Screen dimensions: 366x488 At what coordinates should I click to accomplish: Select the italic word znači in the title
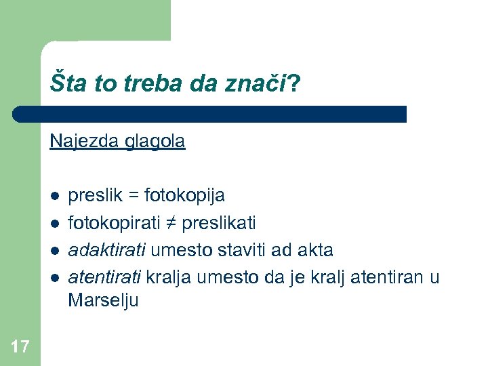(x=260, y=83)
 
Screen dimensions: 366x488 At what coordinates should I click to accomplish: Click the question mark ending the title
(x=295, y=83)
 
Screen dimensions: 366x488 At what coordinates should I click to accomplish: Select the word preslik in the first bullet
(x=93, y=196)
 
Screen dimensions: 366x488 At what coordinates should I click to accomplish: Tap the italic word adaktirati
(x=106, y=250)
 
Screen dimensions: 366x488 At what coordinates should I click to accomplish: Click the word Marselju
(x=102, y=301)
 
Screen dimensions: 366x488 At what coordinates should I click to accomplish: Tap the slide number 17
(x=20, y=348)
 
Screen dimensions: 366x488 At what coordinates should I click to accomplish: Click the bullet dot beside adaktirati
(x=54, y=250)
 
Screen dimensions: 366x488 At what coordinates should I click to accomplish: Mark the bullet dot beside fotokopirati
(x=54, y=223)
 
